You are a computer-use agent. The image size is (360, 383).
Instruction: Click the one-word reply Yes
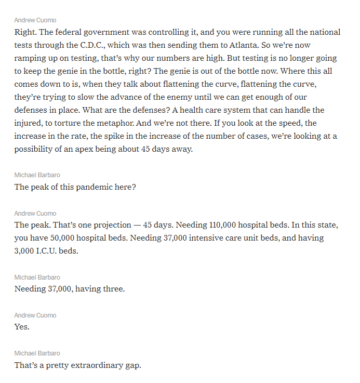(22, 327)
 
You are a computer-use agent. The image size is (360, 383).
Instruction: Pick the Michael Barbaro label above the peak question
(37, 175)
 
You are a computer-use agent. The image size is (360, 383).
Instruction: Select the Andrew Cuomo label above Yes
(35, 315)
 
